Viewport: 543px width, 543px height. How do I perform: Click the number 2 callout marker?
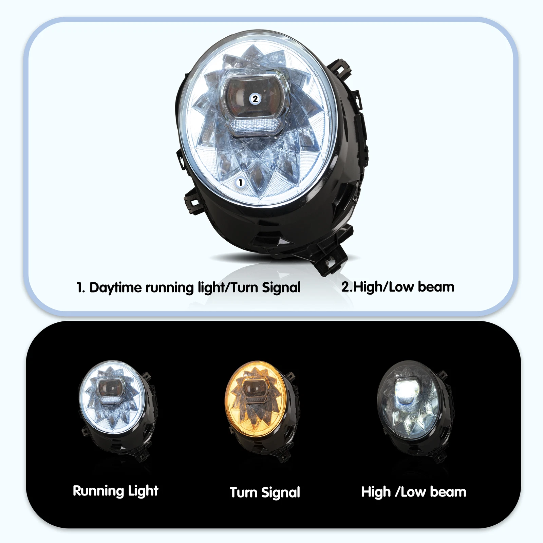pyautogui.click(x=255, y=99)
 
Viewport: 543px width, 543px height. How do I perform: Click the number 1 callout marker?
pyautogui.click(x=240, y=183)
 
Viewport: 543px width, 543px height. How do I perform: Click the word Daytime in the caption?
pyautogui.click(x=115, y=288)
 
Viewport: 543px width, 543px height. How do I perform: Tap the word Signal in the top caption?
pyautogui.click(x=281, y=288)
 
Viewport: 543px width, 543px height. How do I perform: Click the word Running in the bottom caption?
pyautogui.click(x=98, y=491)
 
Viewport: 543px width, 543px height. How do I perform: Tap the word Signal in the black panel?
pyautogui.click(x=281, y=493)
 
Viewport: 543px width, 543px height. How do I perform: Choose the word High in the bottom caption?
pyautogui.click(x=376, y=492)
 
